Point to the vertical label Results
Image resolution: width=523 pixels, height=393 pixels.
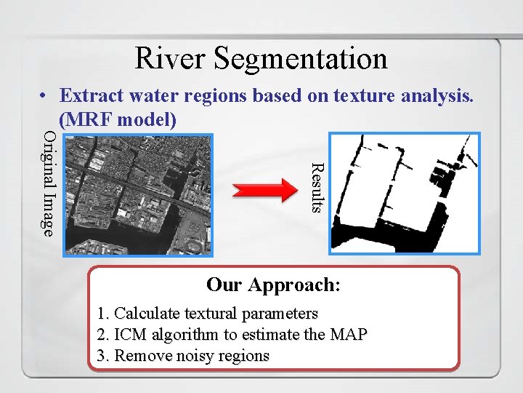point(316,188)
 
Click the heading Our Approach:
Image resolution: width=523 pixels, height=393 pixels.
point(273,284)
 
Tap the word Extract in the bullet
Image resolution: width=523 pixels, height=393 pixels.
point(91,95)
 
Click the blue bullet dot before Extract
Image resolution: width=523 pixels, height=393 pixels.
point(44,96)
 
